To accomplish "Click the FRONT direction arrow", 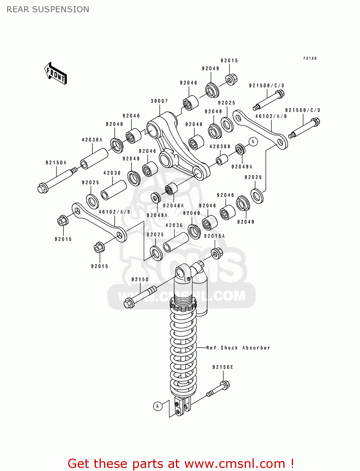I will (56, 73).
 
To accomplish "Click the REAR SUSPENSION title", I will (48, 9).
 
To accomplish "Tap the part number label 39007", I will (159, 101).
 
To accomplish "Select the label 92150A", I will (56, 163).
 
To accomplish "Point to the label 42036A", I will (92, 140).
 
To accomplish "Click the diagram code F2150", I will (310, 58).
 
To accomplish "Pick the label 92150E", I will (223, 367).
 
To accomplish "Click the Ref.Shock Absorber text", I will (238, 348).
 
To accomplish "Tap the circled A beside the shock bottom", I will (158, 406).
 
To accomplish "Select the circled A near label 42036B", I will (253, 142).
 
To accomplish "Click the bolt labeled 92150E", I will (218, 389).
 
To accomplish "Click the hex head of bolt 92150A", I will (42, 188).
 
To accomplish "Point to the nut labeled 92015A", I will (217, 253).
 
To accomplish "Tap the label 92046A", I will (173, 206).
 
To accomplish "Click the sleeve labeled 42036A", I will (94, 159).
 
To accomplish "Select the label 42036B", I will (220, 147).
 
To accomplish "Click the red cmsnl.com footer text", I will (181, 463).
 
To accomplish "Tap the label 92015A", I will (214, 236).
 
